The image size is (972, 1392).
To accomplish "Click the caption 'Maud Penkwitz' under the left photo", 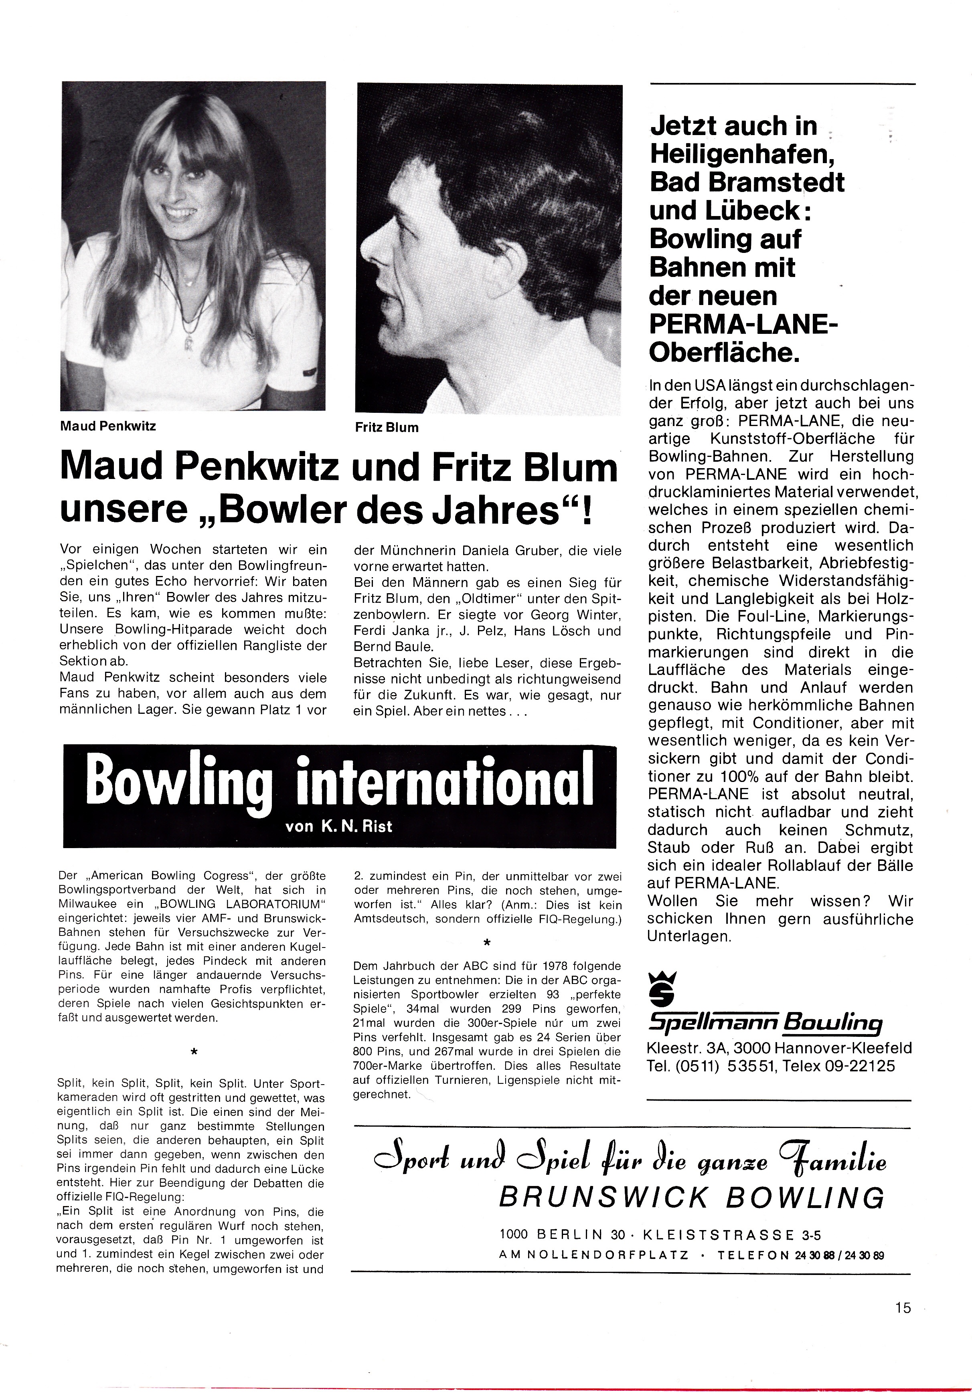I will click(x=108, y=426).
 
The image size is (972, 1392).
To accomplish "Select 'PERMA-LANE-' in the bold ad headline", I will click(x=743, y=324).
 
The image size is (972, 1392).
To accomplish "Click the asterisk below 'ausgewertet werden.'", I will click(x=193, y=1053).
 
